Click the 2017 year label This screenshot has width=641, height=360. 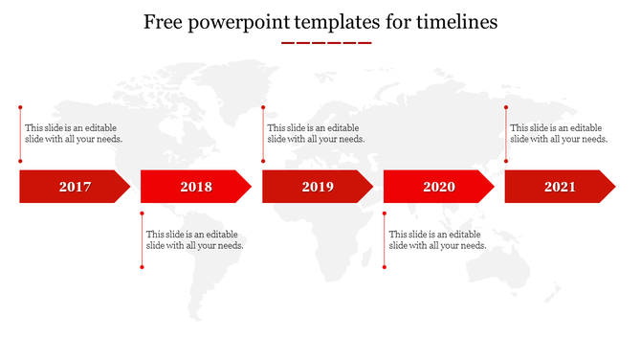click(75, 187)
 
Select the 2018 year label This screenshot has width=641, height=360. click(196, 187)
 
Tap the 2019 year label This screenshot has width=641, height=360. click(318, 187)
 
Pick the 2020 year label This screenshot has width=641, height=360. click(439, 187)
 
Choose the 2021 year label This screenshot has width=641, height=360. click(560, 187)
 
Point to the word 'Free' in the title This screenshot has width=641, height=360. click(166, 22)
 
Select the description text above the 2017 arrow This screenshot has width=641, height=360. click(74, 133)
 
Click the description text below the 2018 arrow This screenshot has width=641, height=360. click(194, 239)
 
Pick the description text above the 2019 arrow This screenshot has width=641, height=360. click(316, 133)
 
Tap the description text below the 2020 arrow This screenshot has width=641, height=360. click(437, 239)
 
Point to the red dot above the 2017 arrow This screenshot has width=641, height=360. click(20, 107)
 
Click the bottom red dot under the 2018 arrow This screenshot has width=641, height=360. click(142, 267)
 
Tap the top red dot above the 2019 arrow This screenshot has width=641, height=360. click(263, 107)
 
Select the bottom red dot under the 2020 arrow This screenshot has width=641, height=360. click(385, 267)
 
